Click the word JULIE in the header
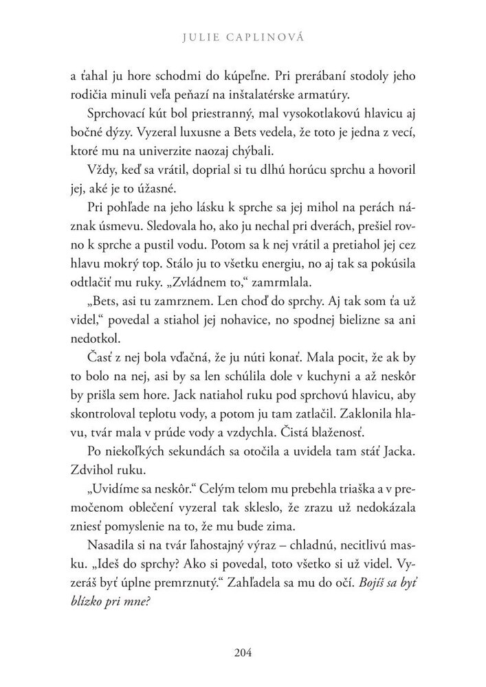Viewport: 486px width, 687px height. pyautogui.click(x=195, y=38)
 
